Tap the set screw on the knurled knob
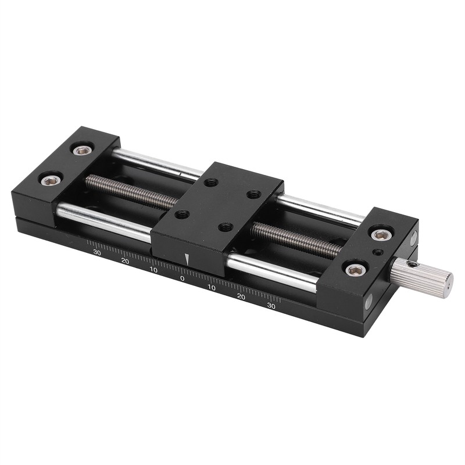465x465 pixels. coord(413,264)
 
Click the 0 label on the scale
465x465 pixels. coord(182,278)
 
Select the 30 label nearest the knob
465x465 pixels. coord(271,305)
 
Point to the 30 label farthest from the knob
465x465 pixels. coord(97,252)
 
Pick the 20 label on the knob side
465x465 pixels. coord(241,296)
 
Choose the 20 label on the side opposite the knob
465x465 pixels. coord(125,261)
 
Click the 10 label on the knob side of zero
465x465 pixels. coord(211,288)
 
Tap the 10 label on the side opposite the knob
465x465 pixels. coord(153,270)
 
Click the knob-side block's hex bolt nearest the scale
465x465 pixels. coord(356,269)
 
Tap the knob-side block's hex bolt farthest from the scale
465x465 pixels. coord(381,234)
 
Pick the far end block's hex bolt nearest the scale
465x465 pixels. coord(51,180)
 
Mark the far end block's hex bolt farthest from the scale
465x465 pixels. coord(82,150)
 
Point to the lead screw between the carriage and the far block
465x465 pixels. coord(131,191)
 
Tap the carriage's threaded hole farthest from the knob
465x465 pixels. coord(182,214)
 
